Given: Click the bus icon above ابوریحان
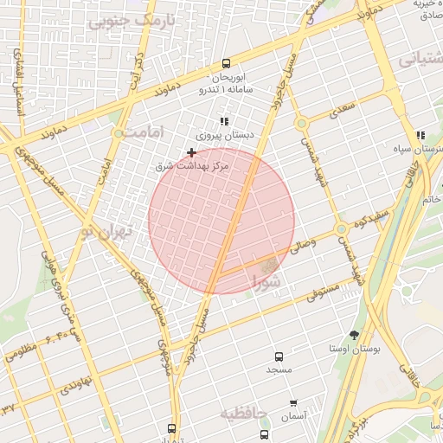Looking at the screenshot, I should click(226, 63).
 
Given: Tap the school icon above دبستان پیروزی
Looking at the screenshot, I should click(224, 122).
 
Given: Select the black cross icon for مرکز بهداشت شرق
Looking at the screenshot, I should click(191, 152).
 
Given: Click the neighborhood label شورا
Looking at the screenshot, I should click(266, 281).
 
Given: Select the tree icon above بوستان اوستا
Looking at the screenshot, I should click(354, 335).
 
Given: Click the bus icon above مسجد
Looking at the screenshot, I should click(279, 356).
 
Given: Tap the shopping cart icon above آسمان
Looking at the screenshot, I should click(293, 403).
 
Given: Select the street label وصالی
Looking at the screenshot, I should click(304, 247).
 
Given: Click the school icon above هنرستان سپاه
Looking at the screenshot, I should click(421, 136).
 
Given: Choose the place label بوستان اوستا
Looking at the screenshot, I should click(356, 349).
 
